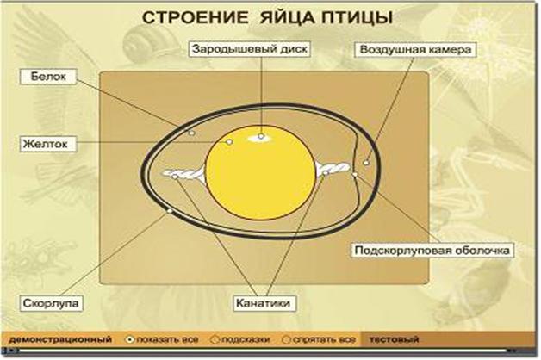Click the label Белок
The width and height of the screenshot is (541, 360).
(x=48, y=77)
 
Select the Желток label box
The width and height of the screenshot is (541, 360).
(x=48, y=144)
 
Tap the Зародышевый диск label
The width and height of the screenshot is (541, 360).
(x=250, y=49)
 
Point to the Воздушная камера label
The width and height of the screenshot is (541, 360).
(x=415, y=49)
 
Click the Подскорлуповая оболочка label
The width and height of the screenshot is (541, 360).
(x=432, y=250)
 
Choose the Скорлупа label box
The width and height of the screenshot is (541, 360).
(x=51, y=303)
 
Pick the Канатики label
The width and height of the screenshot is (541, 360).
(x=264, y=303)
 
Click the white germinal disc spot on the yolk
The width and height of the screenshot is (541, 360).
(x=261, y=137)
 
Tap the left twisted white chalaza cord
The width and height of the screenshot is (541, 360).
(x=183, y=173)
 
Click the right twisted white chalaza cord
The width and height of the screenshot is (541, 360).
(x=333, y=168)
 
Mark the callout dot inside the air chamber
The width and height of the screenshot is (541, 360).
(x=366, y=163)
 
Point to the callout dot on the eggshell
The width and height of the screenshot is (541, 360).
(x=170, y=211)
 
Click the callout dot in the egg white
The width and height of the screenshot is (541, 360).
(x=192, y=133)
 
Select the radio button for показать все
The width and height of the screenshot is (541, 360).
(x=129, y=340)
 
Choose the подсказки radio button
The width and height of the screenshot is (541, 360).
(x=215, y=340)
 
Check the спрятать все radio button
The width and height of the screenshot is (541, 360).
(x=286, y=340)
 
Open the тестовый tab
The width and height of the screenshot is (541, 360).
(x=394, y=339)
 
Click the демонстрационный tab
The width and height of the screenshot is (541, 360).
(x=60, y=339)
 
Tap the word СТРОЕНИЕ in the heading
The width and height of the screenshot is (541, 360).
(x=195, y=17)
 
